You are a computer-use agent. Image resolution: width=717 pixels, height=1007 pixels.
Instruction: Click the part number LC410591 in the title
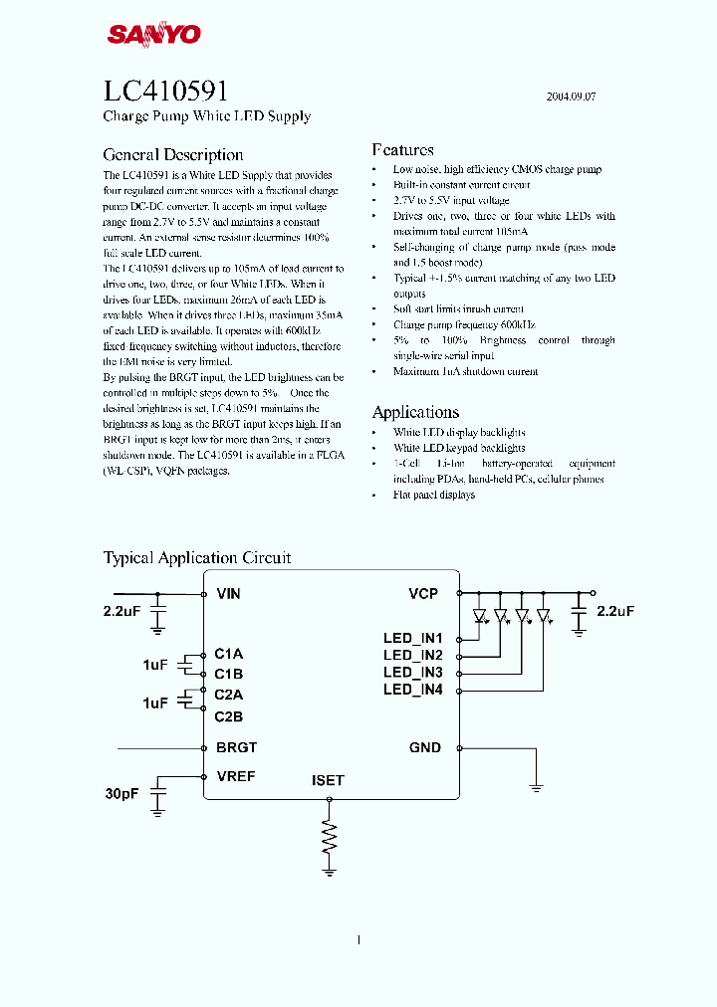pos(166,92)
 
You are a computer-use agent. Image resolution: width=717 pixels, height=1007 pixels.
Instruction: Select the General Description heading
pos(173,155)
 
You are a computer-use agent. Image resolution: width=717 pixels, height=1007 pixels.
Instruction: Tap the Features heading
pos(403,150)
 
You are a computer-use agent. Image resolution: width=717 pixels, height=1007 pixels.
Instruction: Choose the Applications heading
pos(415,412)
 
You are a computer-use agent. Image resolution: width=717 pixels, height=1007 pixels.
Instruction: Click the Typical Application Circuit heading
pos(197,558)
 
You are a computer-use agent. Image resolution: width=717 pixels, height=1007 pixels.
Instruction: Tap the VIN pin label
pos(229,594)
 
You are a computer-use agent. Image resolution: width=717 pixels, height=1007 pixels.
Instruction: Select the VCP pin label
pos(423,594)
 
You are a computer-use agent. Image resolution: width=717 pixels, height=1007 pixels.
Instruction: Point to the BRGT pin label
pos(236,747)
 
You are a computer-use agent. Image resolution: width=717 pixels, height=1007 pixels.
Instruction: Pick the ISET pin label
pos(328,781)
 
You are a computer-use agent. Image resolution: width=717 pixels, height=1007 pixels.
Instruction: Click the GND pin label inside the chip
pos(424,747)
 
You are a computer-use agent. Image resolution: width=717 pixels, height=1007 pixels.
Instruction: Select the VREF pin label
pos(236,776)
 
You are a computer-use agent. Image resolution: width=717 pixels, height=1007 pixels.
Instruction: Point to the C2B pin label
pos(228,716)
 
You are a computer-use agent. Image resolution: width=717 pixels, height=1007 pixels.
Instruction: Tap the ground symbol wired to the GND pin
pos(536,787)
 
